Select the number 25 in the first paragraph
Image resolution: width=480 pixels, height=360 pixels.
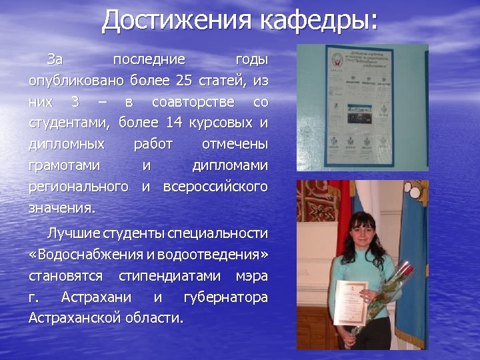tap(183, 81)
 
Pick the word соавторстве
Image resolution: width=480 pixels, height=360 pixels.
tap(193, 102)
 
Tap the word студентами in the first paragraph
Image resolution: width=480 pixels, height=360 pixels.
tap(69, 123)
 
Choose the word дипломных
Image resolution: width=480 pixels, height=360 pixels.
tap(67, 144)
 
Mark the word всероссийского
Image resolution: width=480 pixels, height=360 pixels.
tap(215, 185)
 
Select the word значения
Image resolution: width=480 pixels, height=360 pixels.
tap(62, 207)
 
